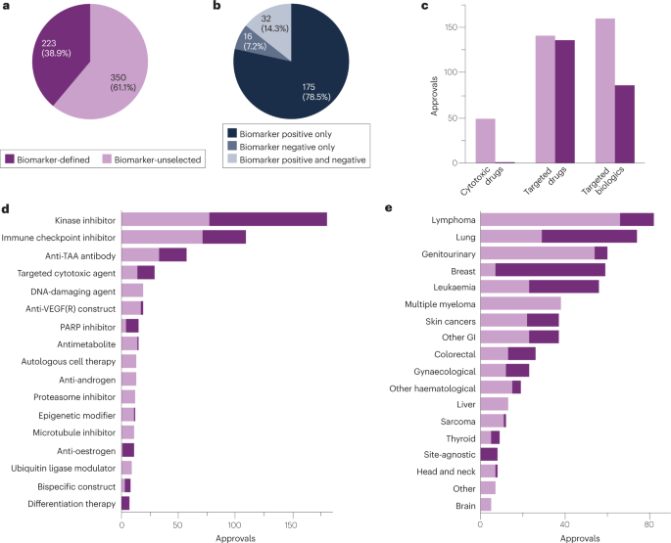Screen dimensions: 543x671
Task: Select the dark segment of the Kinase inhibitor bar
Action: pyautogui.click(x=267, y=219)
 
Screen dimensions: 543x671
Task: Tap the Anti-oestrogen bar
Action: pyautogui.click(x=127, y=450)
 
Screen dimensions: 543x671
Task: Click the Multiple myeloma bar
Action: pyautogui.click(x=520, y=303)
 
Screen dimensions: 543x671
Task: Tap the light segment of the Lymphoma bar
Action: pyautogui.click(x=550, y=219)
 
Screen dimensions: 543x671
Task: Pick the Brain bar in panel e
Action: pyautogui.click(x=486, y=504)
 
